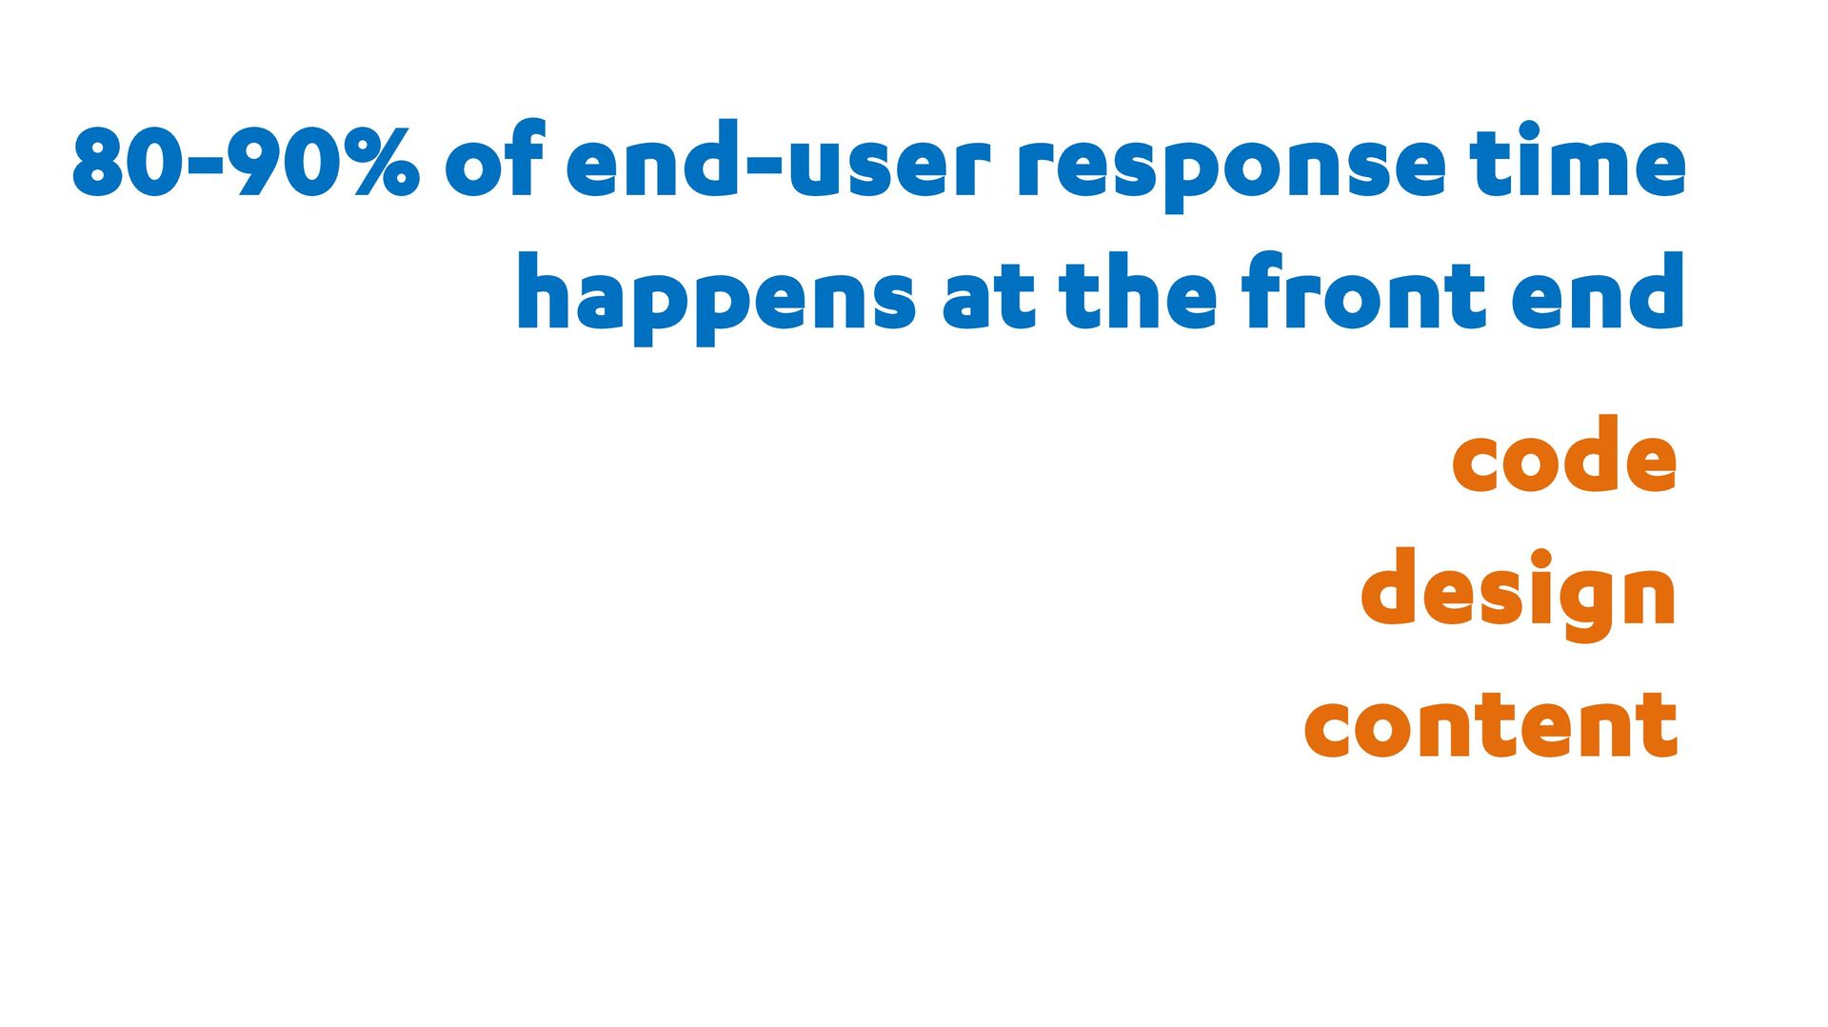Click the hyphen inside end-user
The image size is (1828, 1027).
pyautogui.click(x=764, y=166)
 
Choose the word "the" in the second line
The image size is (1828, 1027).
pyautogui.click(x=1138, y=291)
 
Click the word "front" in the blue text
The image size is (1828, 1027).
pyautogui.click(x=1364, y=291)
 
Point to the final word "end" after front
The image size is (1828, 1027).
pyautogui.click(x=1599, y=291)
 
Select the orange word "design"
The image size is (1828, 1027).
pyautogui.click(x=1518, y=595)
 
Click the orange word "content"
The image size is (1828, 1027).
pyautogui.click(x=1490, y=724)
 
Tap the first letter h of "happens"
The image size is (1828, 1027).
pyautogui.click(x=547, y=291)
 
